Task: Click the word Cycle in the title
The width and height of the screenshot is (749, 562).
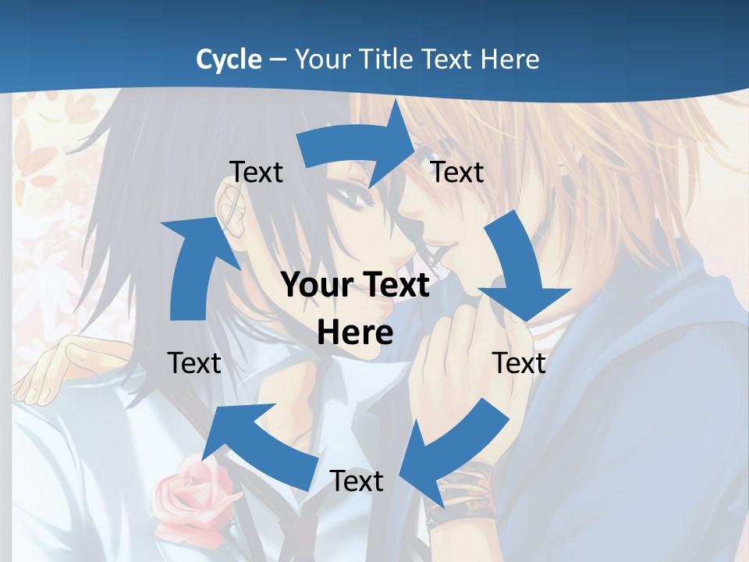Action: point(229,59)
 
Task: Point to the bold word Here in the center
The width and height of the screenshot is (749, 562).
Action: point(355,333)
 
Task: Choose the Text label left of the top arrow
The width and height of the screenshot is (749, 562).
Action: point(256,172)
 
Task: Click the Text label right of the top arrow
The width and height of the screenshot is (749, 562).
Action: point(457,172)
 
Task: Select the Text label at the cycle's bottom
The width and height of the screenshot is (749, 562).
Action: point(357,481)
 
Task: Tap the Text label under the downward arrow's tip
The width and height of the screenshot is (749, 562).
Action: point(519,363)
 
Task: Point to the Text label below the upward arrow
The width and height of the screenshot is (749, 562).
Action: point(194,363)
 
